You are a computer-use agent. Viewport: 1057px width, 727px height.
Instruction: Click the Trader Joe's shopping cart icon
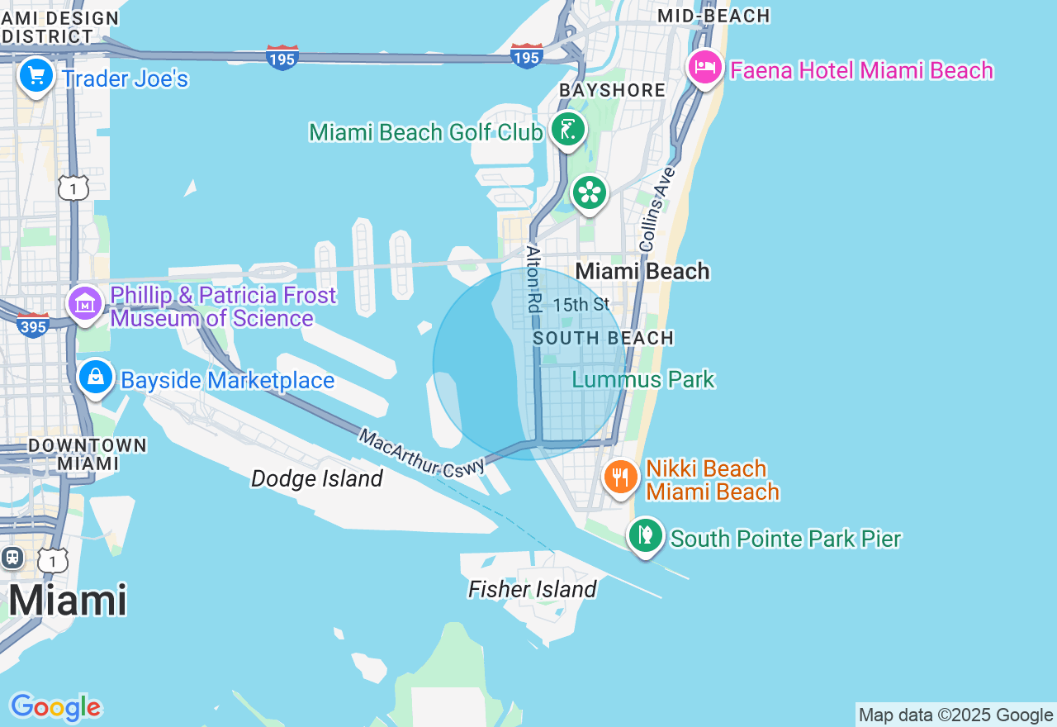pyautogui.click(x=36, y=77)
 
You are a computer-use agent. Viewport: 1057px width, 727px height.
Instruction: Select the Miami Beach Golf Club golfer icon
pyautogui.click(x=568, y=130)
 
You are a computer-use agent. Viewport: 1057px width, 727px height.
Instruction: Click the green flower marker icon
pyautogui.click(x=590, y=193)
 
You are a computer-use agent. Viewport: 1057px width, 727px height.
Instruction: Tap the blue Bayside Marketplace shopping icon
pyautogui.click(x=96, y=377)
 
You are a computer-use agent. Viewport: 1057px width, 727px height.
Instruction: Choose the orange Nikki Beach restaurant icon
pyautogui.click(x=621, y=477)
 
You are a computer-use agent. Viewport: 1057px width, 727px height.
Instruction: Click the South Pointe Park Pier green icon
pyautogui.click(x=646, y=535)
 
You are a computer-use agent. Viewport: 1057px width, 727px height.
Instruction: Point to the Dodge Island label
pyautogui.click(x=317, y=478)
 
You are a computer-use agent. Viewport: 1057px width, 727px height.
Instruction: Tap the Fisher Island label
pyautogui.click(x=532, y=589)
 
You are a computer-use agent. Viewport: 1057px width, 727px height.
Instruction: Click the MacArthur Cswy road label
pyautogui.click(x=421, y=452)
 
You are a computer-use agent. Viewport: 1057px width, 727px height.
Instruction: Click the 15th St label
pyautogui.click(x=581, y=305)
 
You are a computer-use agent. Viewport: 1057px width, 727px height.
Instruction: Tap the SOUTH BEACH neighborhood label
pyautogui.click(x=604, y=338)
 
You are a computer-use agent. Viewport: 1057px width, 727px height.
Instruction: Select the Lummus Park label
pyautogui.click(x=643, y=380)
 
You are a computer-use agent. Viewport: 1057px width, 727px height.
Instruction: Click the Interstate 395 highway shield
pyautogui.click(x=33, y=325)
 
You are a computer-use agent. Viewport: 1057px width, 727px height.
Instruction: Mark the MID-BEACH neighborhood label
pyautogui.click(x=713, y=16)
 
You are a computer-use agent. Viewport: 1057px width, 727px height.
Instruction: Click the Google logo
pyautogui.click(x=55, y=707)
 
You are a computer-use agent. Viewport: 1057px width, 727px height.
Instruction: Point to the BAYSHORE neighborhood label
pyautogui.click(x=612, y=90)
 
